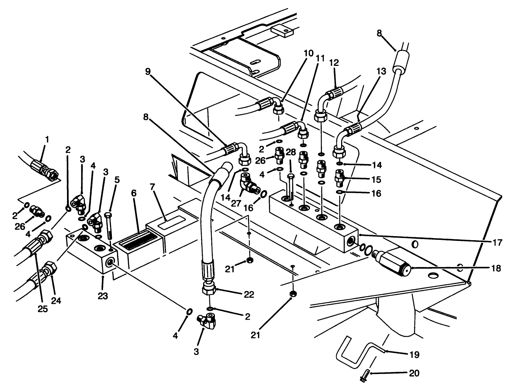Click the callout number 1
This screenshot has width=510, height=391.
pos(47,139)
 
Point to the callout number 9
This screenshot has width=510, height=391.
pos(148,71)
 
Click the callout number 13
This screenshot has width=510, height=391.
pos(381,71)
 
